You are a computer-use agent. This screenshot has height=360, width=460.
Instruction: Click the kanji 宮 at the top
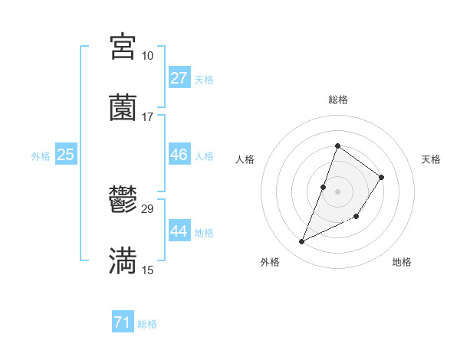pos(123,47)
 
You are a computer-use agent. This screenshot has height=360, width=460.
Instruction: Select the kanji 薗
pos(123,107)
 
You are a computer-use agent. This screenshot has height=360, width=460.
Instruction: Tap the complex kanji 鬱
pos(123,201)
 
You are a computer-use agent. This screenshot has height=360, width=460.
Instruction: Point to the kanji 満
pos(123,260)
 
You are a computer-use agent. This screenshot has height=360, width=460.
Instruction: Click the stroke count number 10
pos(147,56)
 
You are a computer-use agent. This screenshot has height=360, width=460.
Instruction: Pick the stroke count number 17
pos(147,116)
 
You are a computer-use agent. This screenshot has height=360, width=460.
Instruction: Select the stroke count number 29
pos(147,209)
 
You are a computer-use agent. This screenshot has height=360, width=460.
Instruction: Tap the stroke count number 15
pos(147,270)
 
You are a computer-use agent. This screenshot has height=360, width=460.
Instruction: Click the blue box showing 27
pos(179,78)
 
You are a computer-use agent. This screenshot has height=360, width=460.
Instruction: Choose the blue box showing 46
pos(179,155)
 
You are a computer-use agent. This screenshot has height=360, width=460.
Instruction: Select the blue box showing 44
pos(179,231)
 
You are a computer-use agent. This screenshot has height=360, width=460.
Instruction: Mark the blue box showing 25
pos(65,155)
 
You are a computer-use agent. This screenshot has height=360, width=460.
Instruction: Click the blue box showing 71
pos(122,323)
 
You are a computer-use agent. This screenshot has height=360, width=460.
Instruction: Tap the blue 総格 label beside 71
pos(147,324)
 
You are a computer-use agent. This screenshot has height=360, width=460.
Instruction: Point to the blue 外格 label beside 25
pos(41,156)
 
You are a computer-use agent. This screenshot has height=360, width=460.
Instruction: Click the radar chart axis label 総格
pos(337,100)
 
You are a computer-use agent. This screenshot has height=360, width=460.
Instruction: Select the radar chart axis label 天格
pos(431,159)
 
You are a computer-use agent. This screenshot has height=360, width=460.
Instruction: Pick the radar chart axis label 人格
pos(245,159)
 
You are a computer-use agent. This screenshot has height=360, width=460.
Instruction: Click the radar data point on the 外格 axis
pos(302,242)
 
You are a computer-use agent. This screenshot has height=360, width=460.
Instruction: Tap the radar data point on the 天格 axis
pos(382,177)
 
